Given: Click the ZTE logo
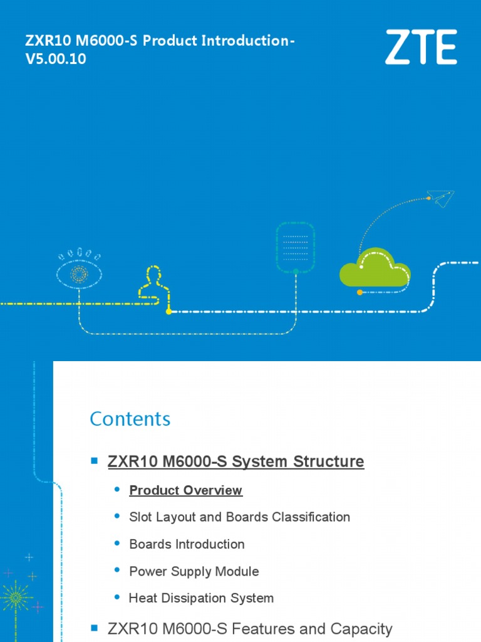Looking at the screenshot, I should click(420, 47).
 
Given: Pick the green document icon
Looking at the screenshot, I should click(296, 246).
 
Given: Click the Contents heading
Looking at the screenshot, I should click(130, 419).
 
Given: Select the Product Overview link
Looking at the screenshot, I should click(185, 490).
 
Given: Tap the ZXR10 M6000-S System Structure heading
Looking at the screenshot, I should click(235, 462).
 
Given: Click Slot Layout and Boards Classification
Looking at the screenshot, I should click(239, 517).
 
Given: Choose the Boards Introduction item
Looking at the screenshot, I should click(187, 544).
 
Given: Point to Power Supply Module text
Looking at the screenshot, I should click(194, 571).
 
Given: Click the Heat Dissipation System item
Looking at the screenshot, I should click(201, 598).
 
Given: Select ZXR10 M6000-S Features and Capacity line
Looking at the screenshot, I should click(250, 628).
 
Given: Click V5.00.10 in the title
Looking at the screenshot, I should click(56, 60).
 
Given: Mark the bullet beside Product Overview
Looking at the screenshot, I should click(117, 489).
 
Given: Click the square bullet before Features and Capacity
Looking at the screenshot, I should click(95, 627).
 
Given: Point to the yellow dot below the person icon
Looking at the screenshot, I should click(168, 311).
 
